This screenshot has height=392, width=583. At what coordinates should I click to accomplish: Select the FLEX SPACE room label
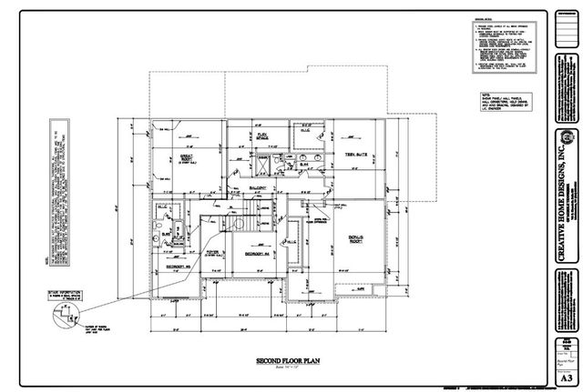(261, 136)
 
